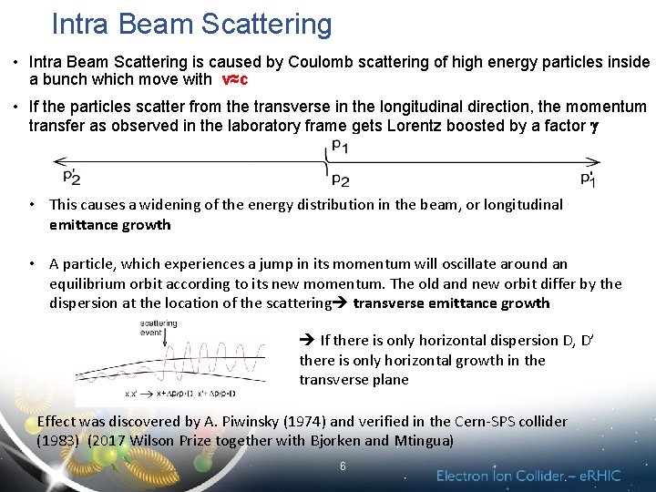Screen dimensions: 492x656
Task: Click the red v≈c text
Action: pyautogui.click(x=235, y=80)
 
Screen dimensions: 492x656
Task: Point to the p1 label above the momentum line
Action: pyautogui.click(x=339, y=145)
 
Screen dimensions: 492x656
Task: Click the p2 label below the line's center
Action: pyautogui.click(x=339, y=180)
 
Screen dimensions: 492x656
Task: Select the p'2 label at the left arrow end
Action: pyautogui.click(x=72, y=178)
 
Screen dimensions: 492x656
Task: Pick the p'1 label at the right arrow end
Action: pyautogui.click(x=588, y=179)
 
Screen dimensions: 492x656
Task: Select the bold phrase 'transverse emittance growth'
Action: pyautogui.click(x=451, y=302)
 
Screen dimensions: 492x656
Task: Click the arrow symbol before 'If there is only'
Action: pyautogui.click(x=307, y=341)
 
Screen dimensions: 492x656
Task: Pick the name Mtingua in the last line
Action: pyautogui.click(x=425, y=441)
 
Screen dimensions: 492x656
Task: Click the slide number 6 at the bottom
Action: pyautogui.click(x=343, y=466)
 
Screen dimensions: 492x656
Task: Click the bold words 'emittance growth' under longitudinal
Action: pyautogui.click(x=110, y=224)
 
